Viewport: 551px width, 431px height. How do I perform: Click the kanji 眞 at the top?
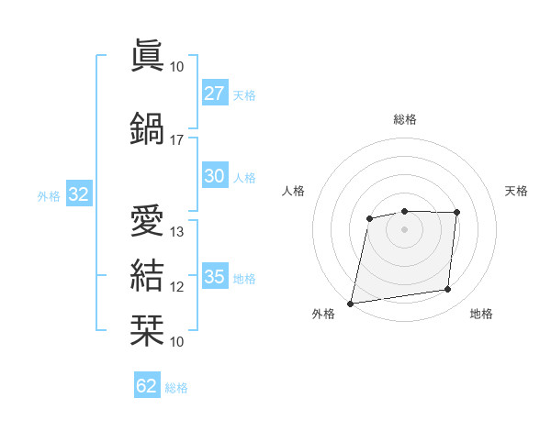(x=147, y=55)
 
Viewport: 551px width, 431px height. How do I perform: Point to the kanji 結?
(x=147, y=276)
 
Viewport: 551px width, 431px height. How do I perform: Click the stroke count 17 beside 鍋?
(x=177, y=140)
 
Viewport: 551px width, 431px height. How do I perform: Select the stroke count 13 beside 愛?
(x=177, y=232)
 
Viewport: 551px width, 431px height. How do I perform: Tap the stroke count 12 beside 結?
(x=177, y=287)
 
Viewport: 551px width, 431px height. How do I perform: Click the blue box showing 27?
(x=214, y=94)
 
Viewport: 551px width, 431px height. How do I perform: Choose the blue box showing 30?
(x=214, y=176)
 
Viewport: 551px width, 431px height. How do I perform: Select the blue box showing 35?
(x=214, y=277)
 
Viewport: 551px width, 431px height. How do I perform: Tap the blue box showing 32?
(x=78, y=194)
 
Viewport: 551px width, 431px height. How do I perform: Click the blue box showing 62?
(x=147, y=386)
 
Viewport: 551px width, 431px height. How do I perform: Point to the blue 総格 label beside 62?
(x=176, y=388)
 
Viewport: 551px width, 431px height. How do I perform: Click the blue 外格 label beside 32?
(x=49, y=195)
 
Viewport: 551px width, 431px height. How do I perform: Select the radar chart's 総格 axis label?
(x=404, y=119)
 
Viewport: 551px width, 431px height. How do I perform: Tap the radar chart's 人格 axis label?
(x=293, y=191)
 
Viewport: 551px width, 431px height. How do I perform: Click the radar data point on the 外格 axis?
(x=350, y=303)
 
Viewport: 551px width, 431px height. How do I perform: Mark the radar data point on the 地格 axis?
(x=448, y=290)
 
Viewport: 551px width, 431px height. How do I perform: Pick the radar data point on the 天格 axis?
(x=456, y=213)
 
